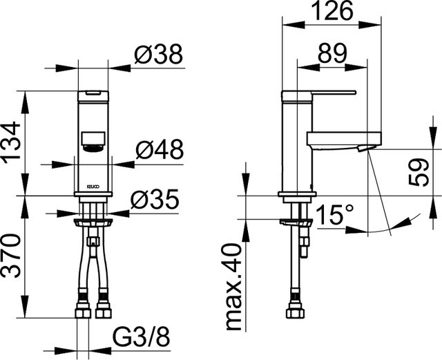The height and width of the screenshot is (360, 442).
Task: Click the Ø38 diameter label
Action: point(159,54)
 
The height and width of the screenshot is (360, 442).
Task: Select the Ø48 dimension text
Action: point(160,149)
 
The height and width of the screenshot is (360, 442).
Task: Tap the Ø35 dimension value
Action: point(155,199)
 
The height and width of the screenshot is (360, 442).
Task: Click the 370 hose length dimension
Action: point(11,256)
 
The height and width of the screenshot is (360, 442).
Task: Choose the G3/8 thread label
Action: point(142,337)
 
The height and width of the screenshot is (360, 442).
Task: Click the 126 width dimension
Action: point(332,11)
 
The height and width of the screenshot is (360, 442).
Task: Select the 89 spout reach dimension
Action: point(332,53)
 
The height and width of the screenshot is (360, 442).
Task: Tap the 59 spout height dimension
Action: point(419,172)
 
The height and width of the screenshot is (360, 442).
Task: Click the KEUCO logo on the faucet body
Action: point(93,186)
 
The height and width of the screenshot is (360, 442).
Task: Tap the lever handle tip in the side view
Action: point(354,93)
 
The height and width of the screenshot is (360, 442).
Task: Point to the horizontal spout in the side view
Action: point(344,138)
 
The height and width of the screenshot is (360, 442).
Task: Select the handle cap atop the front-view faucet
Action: point(93,96)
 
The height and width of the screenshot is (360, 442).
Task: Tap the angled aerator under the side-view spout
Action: point(365,148)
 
